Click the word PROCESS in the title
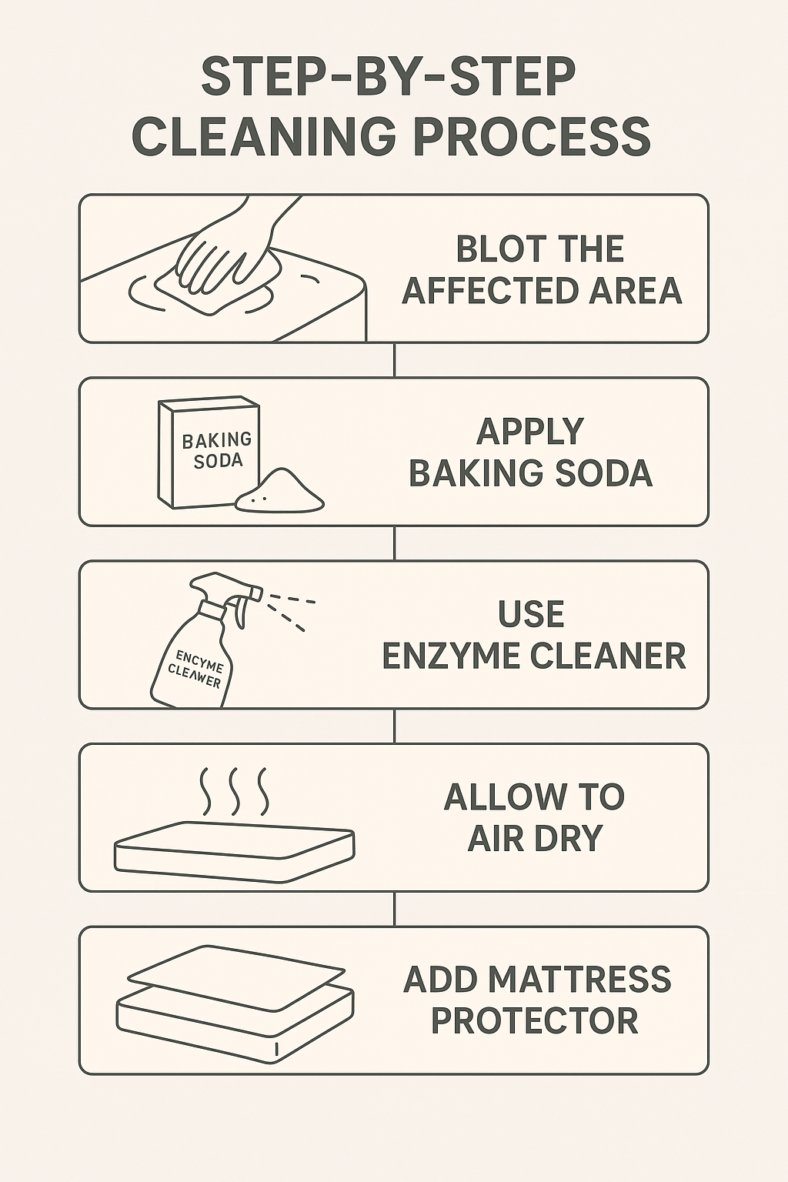click(532, 137)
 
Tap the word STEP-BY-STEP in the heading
click(389, 77)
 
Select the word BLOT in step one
click(496, 249)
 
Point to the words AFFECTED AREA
click(542, 291)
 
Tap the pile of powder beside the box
click(280, 492)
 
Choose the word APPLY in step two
click(530, 432)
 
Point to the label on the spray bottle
click(195, 669)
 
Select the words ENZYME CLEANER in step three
click(533, 656)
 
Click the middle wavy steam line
click(234, 791)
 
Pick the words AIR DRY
click(535, 839)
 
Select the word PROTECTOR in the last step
click(534, 1021)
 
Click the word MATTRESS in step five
click(579, 980)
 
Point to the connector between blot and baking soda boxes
click(394, 359)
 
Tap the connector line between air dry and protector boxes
click(394, 909)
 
